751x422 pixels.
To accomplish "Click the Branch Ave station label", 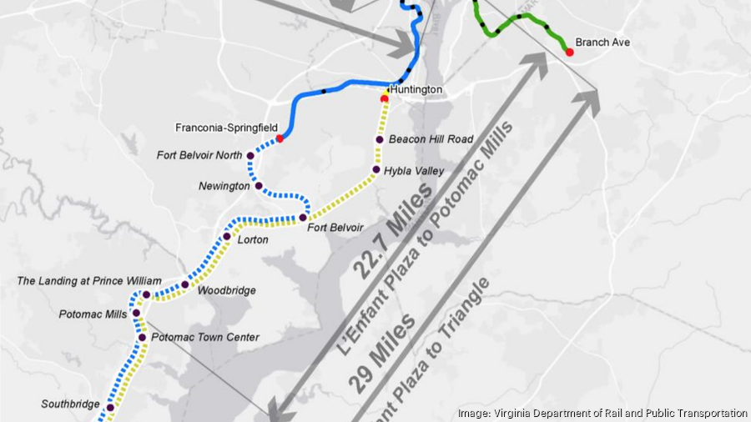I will pos(602,43).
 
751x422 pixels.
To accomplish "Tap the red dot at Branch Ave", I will pos(570,52).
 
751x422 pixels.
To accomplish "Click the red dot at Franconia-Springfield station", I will pos(280,138).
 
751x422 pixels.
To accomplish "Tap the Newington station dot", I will pos(259,186).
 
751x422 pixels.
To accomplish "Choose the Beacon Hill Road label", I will pos(431,139).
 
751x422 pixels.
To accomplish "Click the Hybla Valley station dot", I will pos(375,170).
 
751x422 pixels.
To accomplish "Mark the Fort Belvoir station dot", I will pos(303,218).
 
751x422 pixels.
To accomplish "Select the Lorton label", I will pos(253,239).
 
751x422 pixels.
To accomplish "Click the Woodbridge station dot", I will pos(185,285).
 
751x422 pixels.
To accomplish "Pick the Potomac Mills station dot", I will pos(137,314).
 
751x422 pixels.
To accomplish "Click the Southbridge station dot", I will pos(109,408).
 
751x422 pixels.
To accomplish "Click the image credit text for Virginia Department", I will pos(602,413).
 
